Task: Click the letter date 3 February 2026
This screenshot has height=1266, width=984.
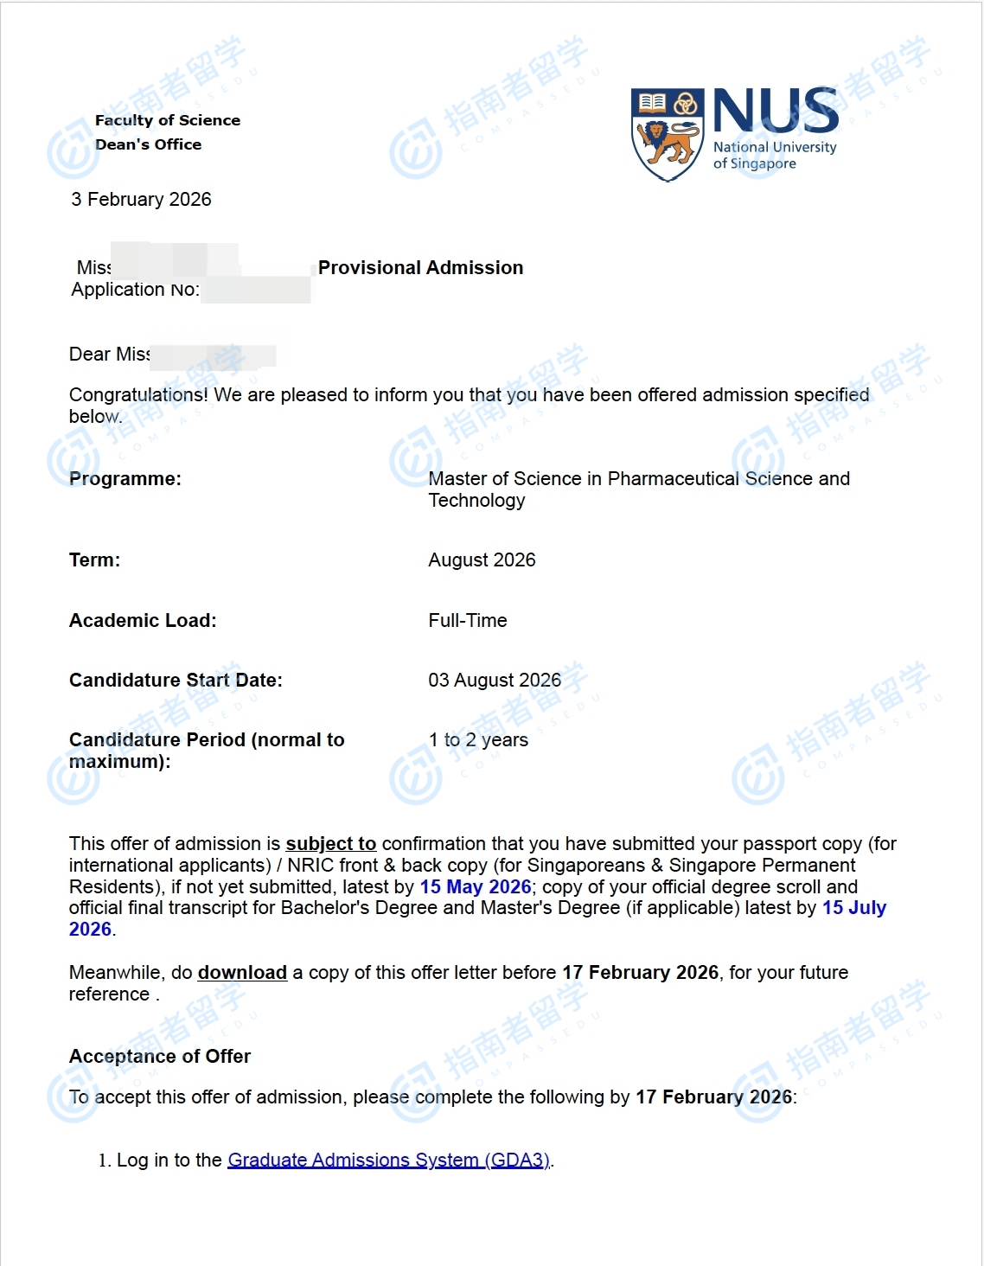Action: [x=141, y=200]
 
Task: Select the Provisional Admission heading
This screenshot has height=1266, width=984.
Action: [x=420, y=268]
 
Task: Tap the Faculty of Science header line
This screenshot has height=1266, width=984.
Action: [x=168, y=120]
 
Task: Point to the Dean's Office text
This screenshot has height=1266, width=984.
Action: [x=148, y=144]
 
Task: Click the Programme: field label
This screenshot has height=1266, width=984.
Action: [x=125, y=479]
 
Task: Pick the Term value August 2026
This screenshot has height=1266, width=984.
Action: [x=482, y=560]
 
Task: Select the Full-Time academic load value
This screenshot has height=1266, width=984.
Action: [x=468, y=621]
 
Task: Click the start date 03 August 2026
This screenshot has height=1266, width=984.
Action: [x=495, y=681]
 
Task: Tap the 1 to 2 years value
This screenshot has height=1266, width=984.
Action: [x=478, y=740]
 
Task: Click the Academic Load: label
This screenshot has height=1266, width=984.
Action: [x=143, y=621]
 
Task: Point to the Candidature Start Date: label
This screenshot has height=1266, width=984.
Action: [x=176, y=681]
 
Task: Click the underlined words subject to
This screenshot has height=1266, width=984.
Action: [x=330, y=844]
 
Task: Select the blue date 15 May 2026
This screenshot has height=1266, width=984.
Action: [x=476, y=887]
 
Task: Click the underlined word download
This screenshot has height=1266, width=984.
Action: [x=242, y=973]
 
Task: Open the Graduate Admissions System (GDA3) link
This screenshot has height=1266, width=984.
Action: [x=388, y=1160]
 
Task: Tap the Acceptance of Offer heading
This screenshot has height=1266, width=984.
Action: [x=160, y=1057]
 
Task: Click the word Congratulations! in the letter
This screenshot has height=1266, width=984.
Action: [x=138, y=395]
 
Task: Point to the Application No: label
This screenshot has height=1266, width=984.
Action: [x=135, y=290]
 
